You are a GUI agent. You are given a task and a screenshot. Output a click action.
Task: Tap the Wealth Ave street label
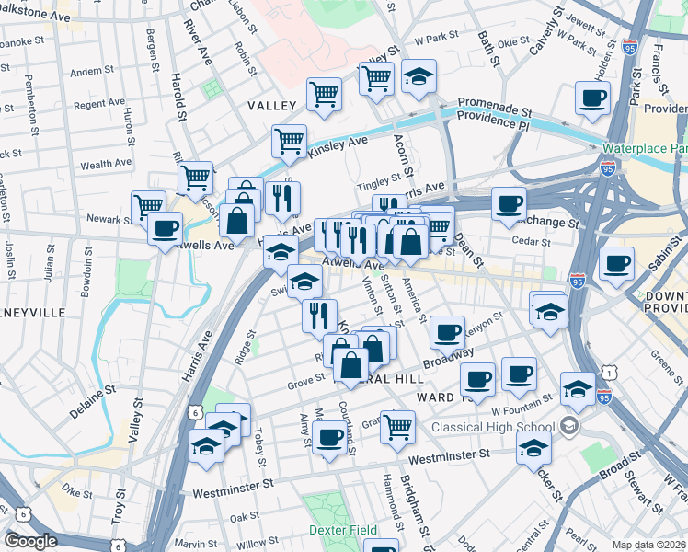[x=109, y=165]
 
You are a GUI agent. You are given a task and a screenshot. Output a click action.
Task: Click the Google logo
[x=30, y=541]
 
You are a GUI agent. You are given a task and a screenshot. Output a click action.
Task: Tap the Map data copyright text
[x=648, y=545]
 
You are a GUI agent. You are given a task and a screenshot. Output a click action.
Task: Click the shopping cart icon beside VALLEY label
[x=325, y=93]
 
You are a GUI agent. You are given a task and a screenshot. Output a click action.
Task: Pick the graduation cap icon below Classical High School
[x=533, y=449]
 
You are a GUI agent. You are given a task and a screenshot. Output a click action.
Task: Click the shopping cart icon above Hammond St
[x=397, y=425]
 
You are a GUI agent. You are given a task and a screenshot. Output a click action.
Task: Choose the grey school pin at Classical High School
[x=569, y=426]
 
